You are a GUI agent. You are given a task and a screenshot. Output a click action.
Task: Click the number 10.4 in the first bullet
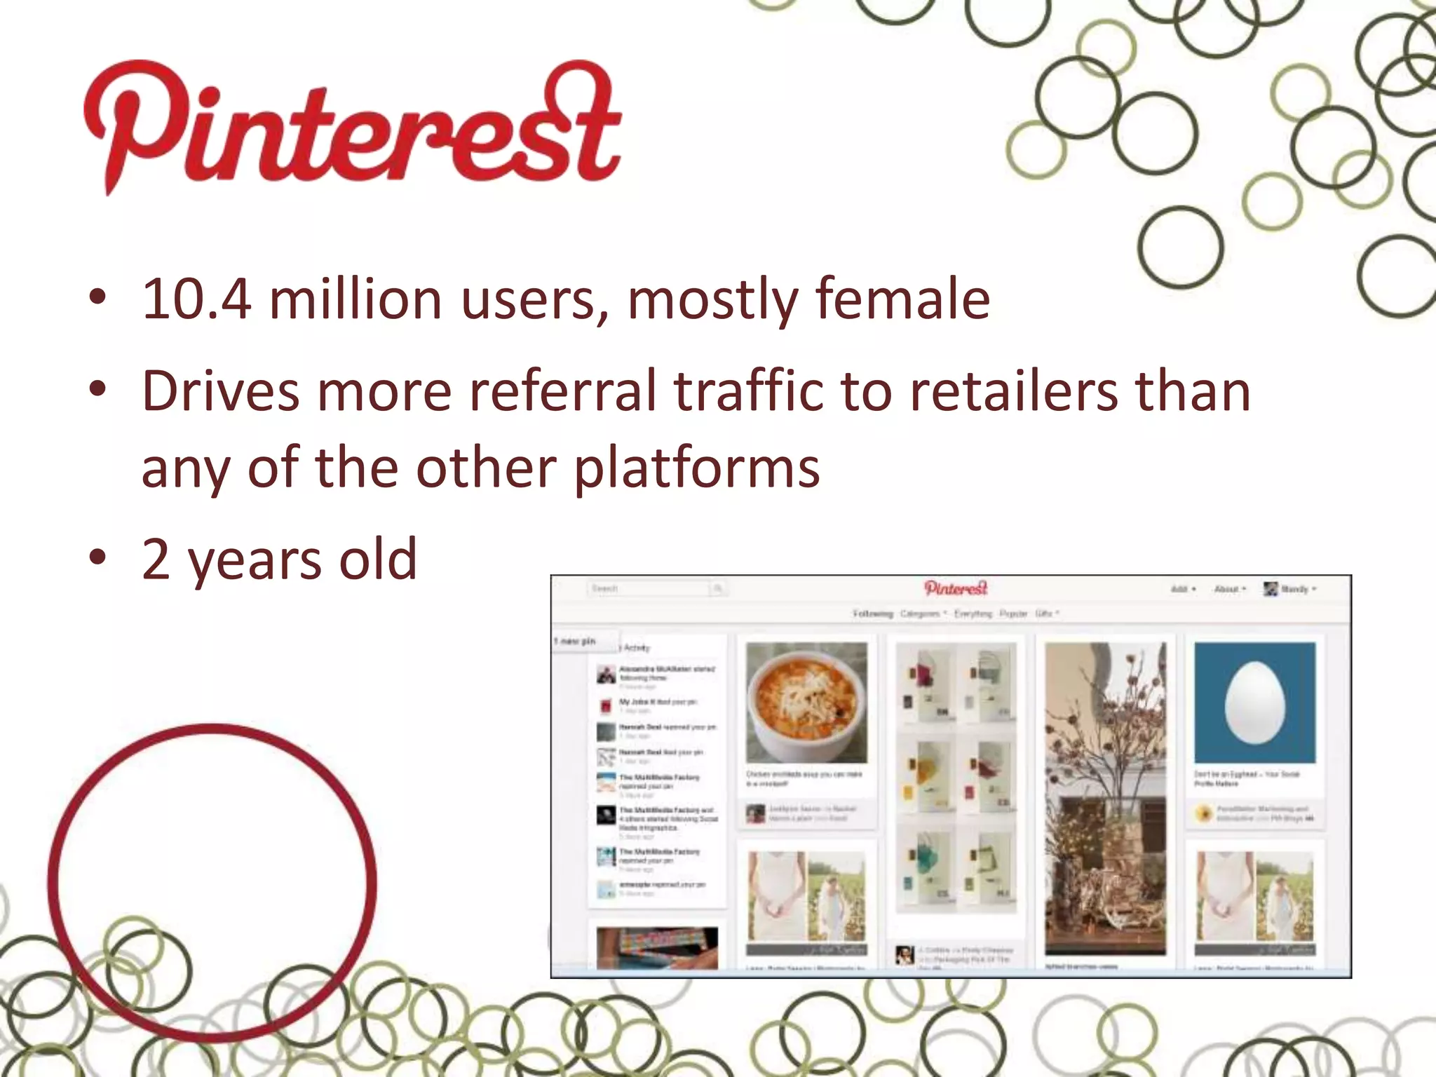(196, 300)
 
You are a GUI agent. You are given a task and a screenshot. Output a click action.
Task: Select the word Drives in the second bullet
(220, 391)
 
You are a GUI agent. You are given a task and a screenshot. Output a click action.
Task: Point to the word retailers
(1013, 391)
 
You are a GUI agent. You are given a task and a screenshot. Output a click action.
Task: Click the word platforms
(697, 468)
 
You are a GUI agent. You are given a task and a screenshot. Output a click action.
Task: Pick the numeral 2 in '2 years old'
(156, 560)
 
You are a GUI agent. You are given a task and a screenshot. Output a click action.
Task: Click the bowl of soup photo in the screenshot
(806, 702)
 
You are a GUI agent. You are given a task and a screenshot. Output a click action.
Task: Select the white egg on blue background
(1254, 702)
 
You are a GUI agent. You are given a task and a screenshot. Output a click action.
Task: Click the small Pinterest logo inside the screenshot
(956, 588)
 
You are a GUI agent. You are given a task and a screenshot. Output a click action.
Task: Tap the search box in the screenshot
(649, 589)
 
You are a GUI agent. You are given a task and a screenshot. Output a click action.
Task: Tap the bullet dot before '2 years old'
(97, 558)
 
